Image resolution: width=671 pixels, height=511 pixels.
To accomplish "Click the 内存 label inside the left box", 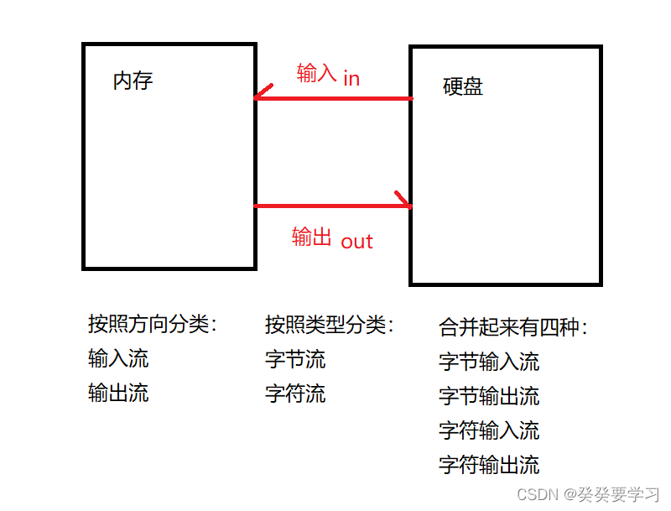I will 133,81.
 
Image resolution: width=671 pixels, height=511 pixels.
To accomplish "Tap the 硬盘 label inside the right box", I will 462,86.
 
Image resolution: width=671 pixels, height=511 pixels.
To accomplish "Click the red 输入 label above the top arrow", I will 316,74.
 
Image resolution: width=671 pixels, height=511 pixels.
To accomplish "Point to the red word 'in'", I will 351,78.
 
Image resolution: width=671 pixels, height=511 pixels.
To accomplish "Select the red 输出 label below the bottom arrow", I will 312,237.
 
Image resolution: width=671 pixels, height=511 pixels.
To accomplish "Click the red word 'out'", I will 356,242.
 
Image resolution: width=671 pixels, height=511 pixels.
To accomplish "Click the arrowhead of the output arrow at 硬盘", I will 406,203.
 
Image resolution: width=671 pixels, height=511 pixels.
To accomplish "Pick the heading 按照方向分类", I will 152,325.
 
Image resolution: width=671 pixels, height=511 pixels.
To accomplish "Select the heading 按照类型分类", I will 329,325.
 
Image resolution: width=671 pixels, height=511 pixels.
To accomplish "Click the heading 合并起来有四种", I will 513,327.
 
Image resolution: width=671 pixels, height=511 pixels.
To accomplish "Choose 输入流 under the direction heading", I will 118,359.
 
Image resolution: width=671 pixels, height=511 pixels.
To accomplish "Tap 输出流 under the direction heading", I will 118,393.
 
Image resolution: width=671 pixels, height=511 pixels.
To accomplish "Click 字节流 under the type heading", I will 295,360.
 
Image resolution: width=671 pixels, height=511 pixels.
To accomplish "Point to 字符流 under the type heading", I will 295,394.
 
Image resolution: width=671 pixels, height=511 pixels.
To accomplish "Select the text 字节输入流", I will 489,362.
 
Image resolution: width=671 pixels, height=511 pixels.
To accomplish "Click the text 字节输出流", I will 489,396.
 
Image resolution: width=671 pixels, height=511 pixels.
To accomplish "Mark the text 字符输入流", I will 489,430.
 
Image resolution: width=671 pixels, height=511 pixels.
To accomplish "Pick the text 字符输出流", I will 489,465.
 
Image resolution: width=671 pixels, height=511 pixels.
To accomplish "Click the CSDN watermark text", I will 588,494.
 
